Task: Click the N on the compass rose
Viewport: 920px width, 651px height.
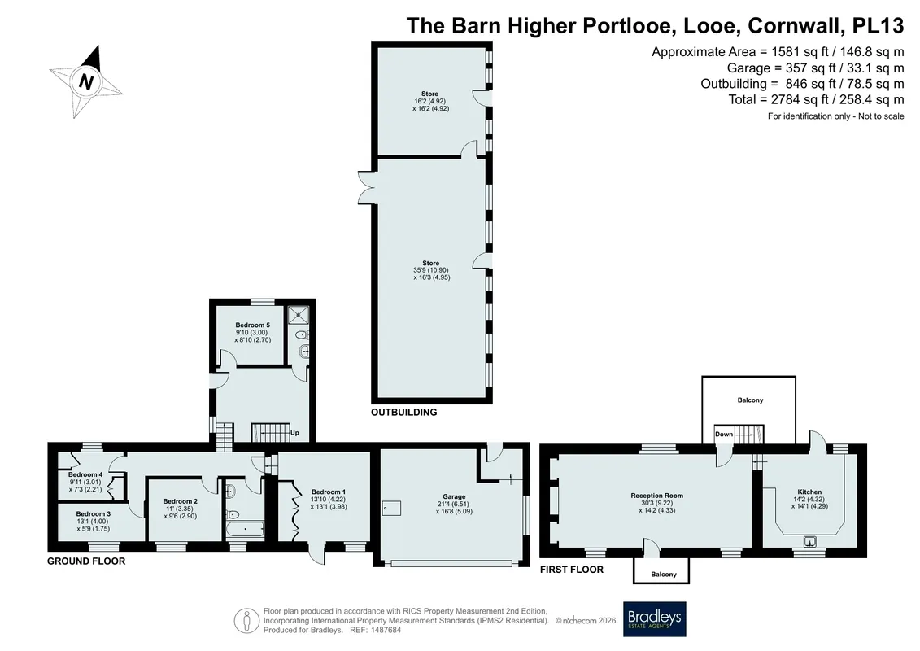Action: tap(86, 81)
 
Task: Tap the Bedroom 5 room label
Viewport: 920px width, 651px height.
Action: tap(253, 325)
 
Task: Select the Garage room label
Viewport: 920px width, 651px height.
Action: tap(454, 496)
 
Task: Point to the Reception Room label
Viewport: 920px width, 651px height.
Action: tap(657, 496)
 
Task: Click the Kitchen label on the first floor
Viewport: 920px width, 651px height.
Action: tap(809, 492)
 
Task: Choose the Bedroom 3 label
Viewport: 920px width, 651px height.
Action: tap(94, 514)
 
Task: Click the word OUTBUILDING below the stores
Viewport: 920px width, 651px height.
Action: tap(403, 412)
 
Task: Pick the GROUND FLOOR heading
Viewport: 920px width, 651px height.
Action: tap(86, 561)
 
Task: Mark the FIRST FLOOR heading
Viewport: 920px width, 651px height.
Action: tap(572, 570)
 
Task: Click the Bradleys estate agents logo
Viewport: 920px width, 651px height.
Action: tap(654, 619)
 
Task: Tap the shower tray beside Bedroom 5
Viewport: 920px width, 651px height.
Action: tap(299, 315)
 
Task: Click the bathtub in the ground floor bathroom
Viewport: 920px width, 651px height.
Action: tap(245, 530)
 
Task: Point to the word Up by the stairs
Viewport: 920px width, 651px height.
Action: tap(294, 433)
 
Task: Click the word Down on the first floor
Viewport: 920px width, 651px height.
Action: tap(724, 435)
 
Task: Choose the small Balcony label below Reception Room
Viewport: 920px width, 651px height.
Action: tap(664, 575)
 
